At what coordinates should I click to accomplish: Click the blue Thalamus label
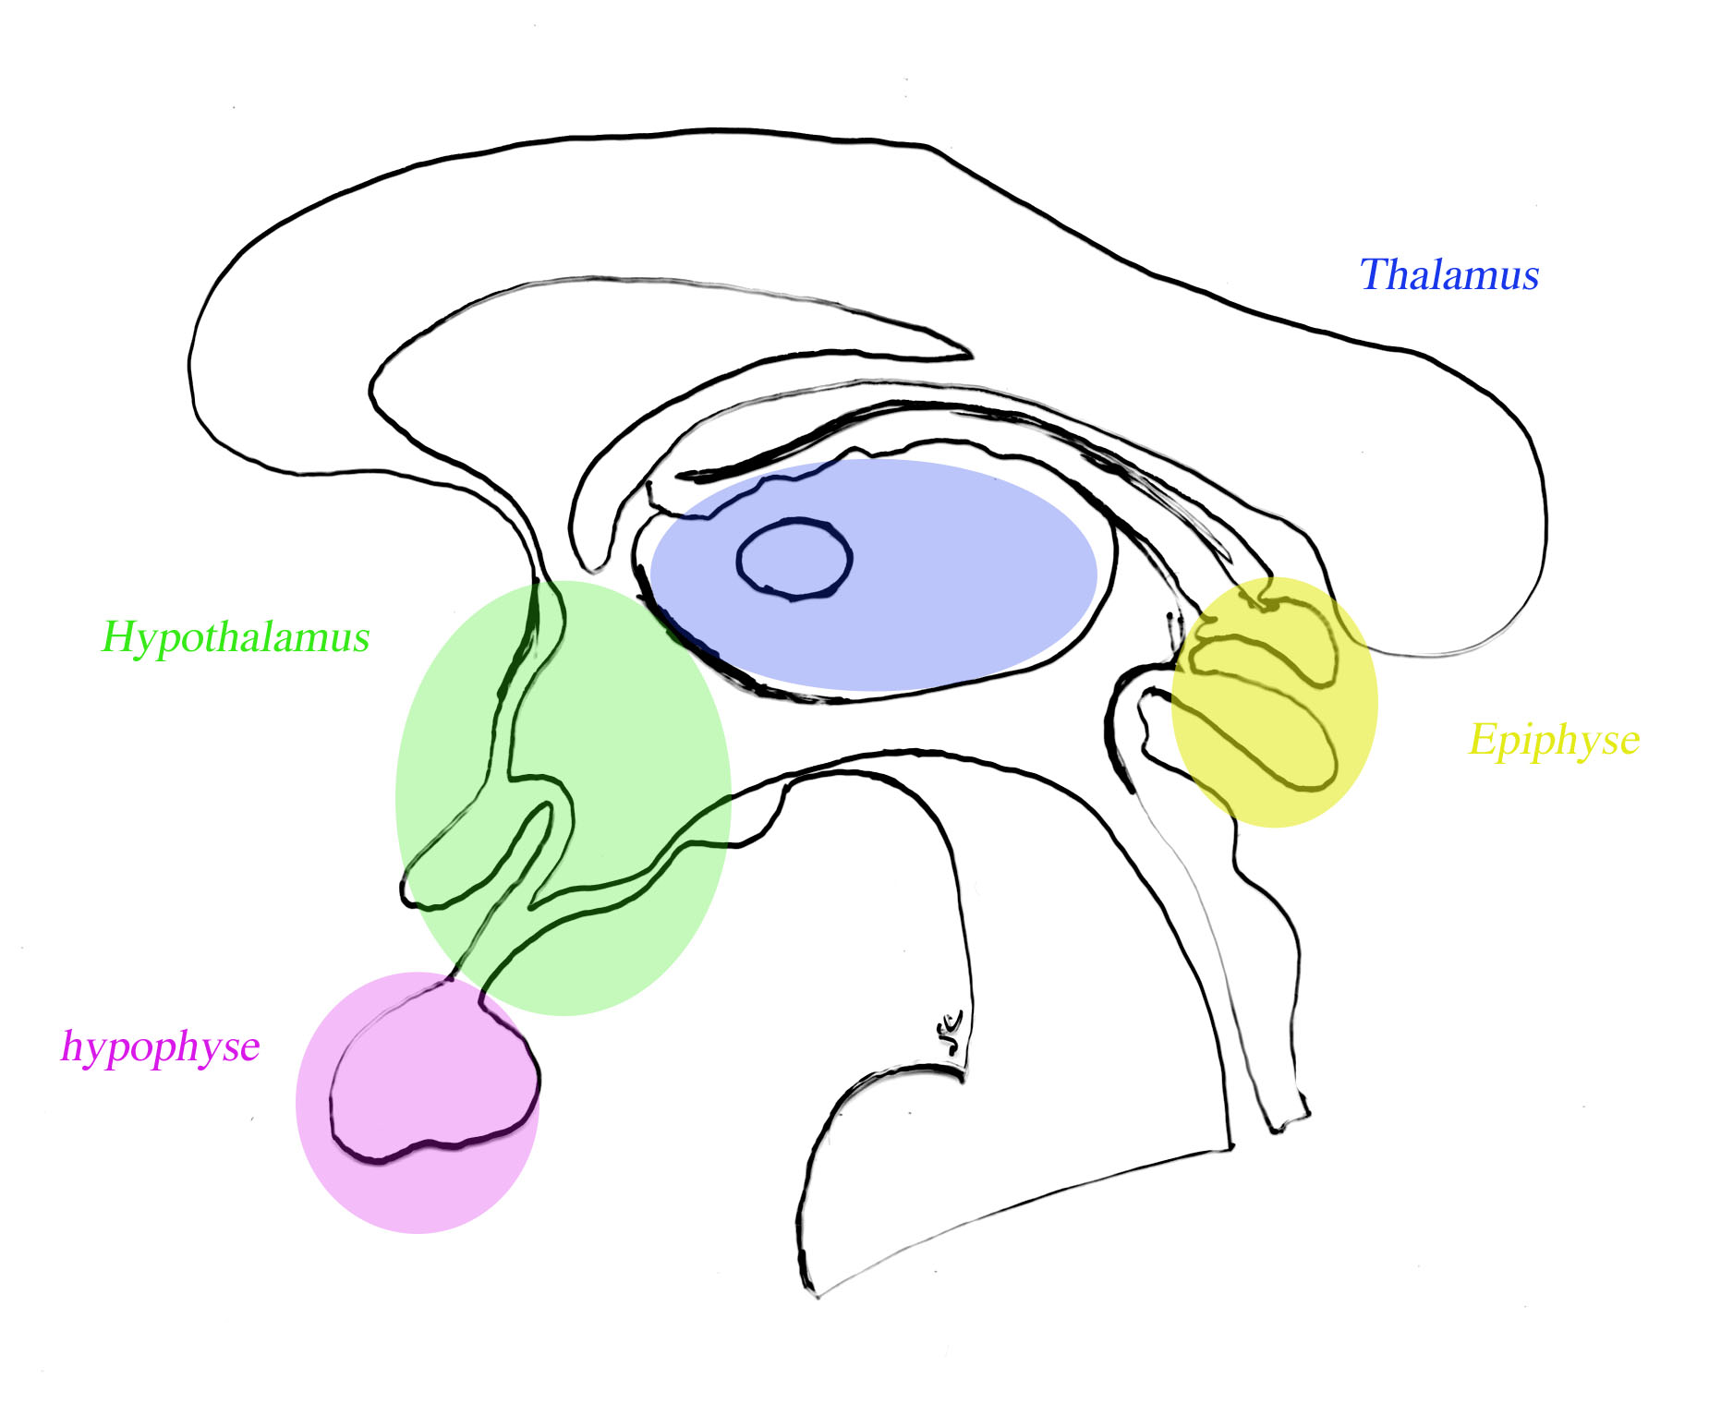[1448, 275]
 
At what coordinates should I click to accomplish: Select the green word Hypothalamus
[236, 637]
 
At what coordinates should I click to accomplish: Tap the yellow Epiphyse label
[1554, 740]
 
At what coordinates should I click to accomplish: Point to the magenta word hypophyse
[160, 1046]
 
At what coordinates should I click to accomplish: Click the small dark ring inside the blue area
[794, 559]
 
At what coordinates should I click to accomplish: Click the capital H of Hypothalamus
[117, 636]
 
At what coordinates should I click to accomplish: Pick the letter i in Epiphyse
[1523, 739]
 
